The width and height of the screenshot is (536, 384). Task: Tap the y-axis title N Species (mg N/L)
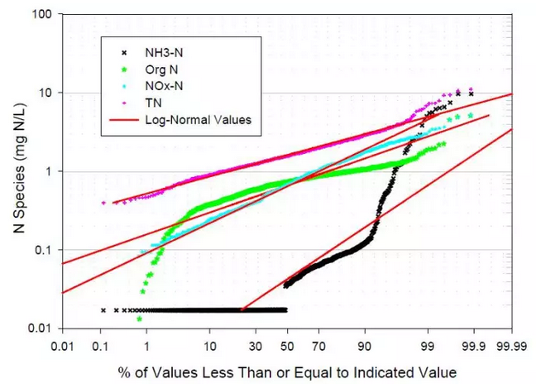[x=16, y=172]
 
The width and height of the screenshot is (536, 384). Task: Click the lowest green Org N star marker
[x=139, y=318]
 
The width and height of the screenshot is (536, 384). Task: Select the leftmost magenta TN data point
[x=103, y=203]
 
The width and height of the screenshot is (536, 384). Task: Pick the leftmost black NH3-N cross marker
[x=103, y=310]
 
